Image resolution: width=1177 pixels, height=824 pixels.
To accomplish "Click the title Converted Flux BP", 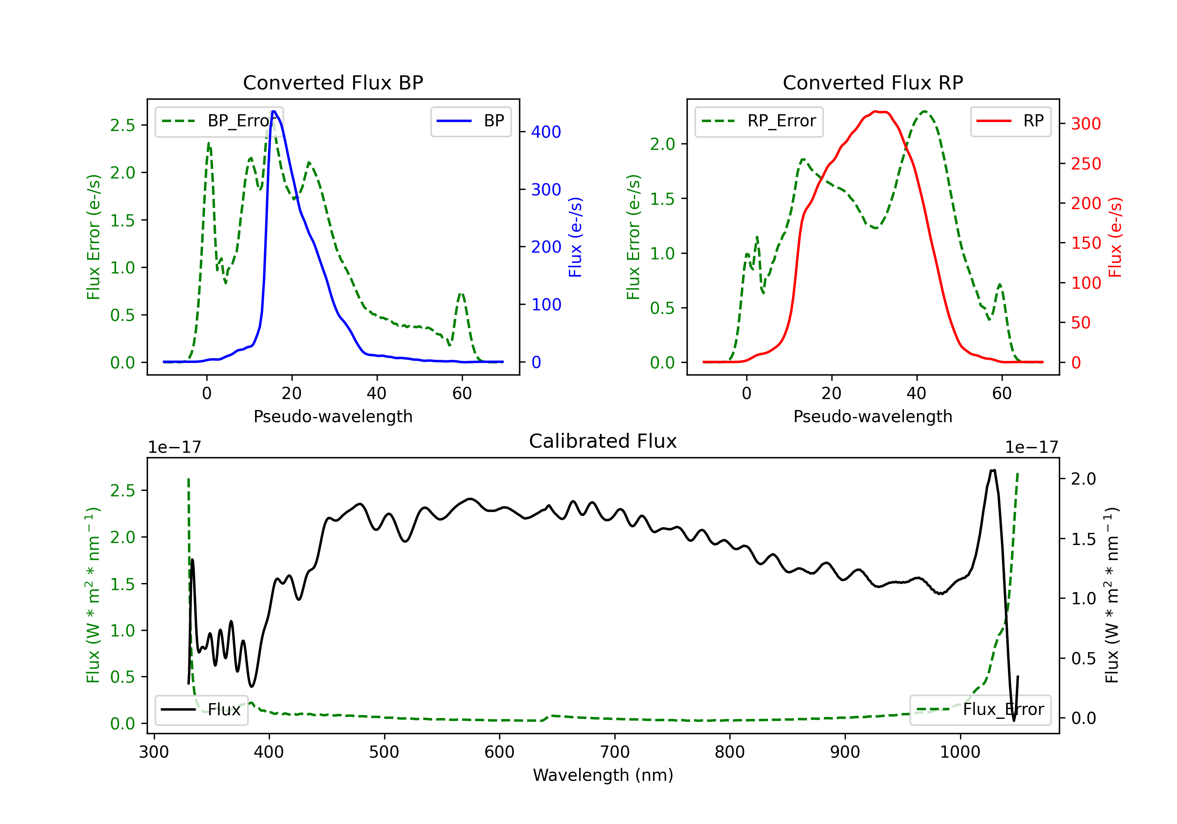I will [x=333, y=82].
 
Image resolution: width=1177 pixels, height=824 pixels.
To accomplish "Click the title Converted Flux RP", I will [x=873, y=82].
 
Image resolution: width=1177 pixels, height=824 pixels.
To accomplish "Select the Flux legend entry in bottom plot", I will [x=202, y=710].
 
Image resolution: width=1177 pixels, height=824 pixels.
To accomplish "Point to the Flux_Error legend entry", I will [x=980, y=710].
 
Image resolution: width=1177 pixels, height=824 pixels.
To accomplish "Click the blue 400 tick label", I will [x=546, y=132].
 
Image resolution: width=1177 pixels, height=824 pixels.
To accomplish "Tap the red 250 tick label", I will [x=1086, y=164].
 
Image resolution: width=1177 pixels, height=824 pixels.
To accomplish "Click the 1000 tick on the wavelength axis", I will [x=960, y=752].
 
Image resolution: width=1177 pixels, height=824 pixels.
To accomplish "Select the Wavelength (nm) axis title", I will [x=603, y=775].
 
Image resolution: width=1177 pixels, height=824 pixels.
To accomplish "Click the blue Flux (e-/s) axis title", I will [x=576, y=237].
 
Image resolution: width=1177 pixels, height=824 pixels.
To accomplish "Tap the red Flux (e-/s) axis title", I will [x=1115, y=237].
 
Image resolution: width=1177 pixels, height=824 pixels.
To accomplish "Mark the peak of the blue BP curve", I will [x=274, y=111].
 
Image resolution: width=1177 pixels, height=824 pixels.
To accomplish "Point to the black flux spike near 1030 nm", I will [x=993, y=471].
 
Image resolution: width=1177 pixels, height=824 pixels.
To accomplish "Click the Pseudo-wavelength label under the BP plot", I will [x=333, y=416].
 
